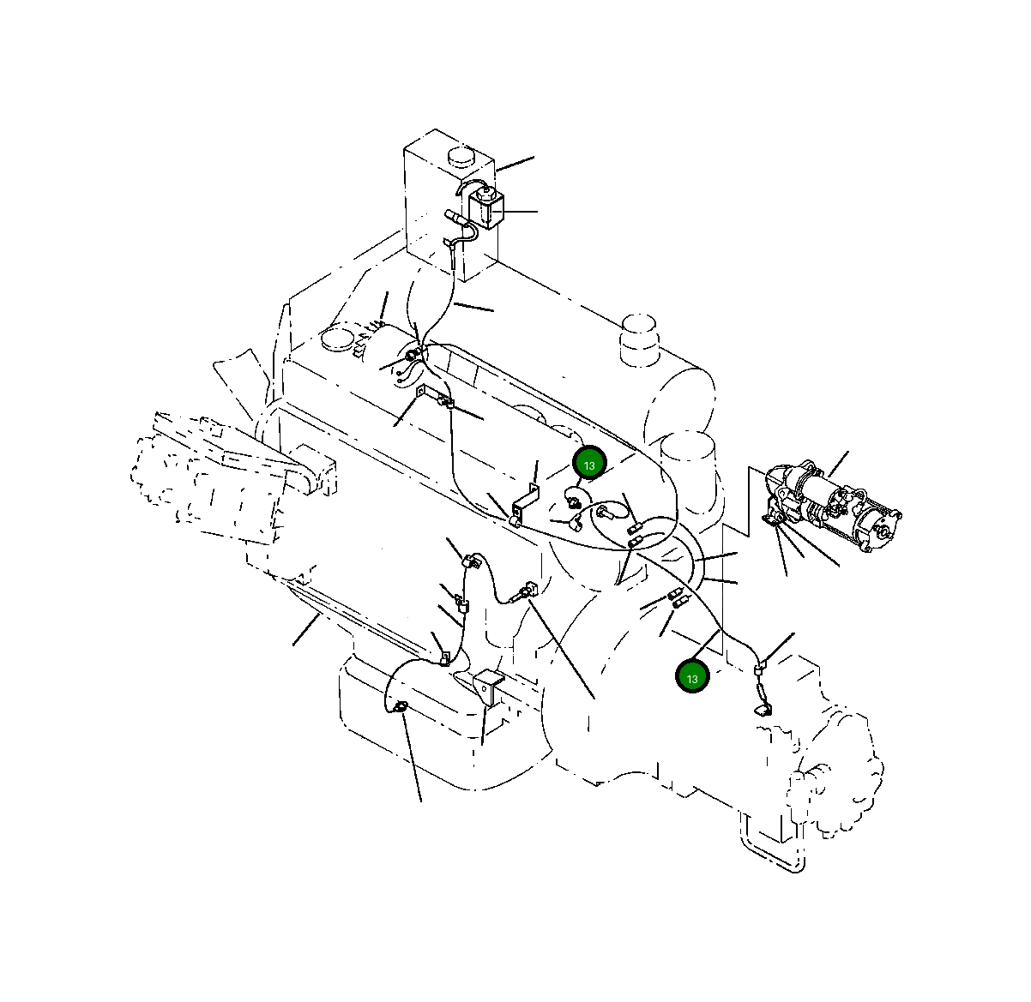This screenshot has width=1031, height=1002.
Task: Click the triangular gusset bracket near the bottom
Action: [x=488, y=687]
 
